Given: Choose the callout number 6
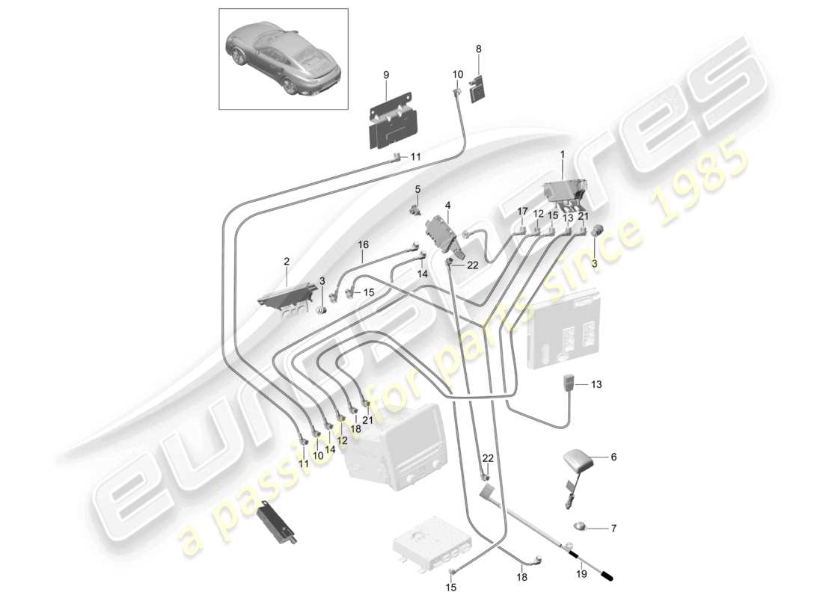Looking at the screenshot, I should [x=614, y=456].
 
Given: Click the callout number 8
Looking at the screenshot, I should [x=479, y=49].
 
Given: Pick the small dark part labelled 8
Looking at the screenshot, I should [x=477, y=90].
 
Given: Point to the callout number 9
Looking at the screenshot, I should [x=386, y=75].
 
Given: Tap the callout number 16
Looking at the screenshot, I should [x=364, y=244].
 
